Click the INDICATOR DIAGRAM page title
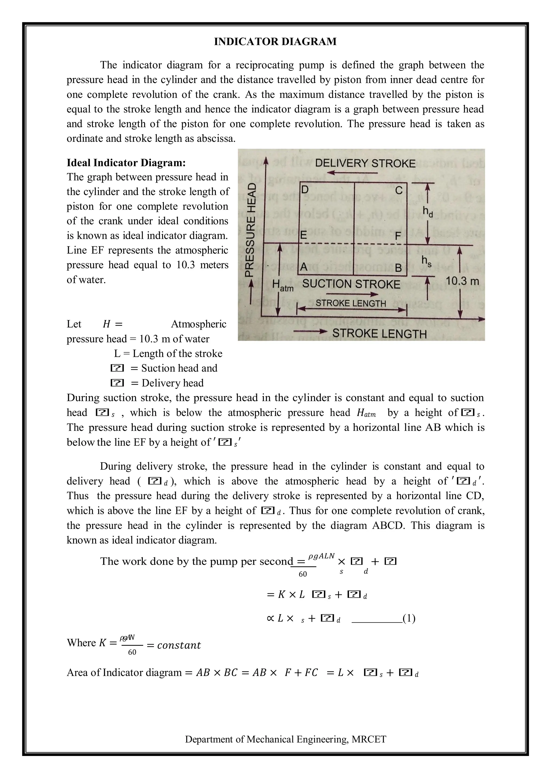click(x=275, y=42)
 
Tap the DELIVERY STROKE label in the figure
click(x=365, y=164)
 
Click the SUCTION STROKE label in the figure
click(x=351, y=284)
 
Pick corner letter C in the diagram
click(x=399, y=191)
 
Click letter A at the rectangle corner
click(x=304, y=267)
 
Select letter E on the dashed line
click(x=303, y=235)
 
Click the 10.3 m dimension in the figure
click(x=462, y=281)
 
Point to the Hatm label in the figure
click(x=282, y=285)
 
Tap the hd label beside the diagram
click(x=428, y=212)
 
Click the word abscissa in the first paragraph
click(x=216, y=139)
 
